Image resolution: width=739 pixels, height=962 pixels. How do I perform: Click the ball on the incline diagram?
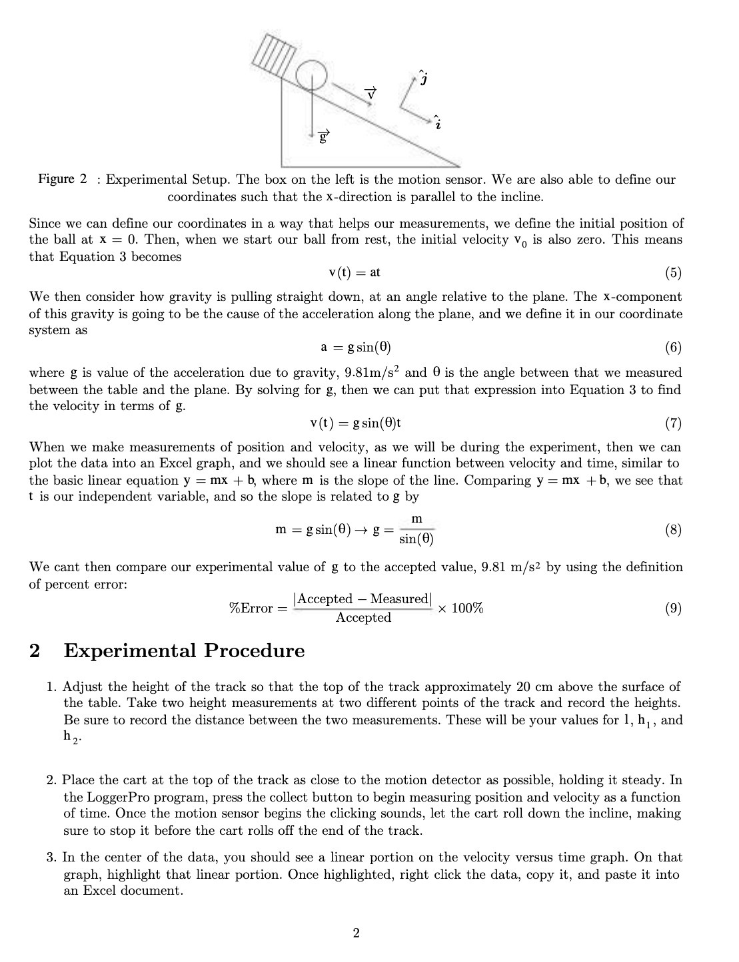click(308, 75)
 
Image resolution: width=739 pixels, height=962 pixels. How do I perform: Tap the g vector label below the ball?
click(323, 138)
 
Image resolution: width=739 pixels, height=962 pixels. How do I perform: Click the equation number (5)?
click(673, 272)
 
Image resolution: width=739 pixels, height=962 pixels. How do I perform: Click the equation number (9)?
click(673, 608)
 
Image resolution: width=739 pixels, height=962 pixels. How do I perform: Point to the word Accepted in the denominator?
click(363, 618)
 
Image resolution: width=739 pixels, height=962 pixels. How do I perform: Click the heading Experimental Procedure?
click(184, 650)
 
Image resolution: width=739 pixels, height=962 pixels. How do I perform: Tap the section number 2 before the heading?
click(35, 650)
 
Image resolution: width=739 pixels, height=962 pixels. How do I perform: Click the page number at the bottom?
click(356, 933)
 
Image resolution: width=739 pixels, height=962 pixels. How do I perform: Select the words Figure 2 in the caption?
click(62, 179)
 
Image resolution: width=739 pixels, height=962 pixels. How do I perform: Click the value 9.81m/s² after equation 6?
click(372, 372)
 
